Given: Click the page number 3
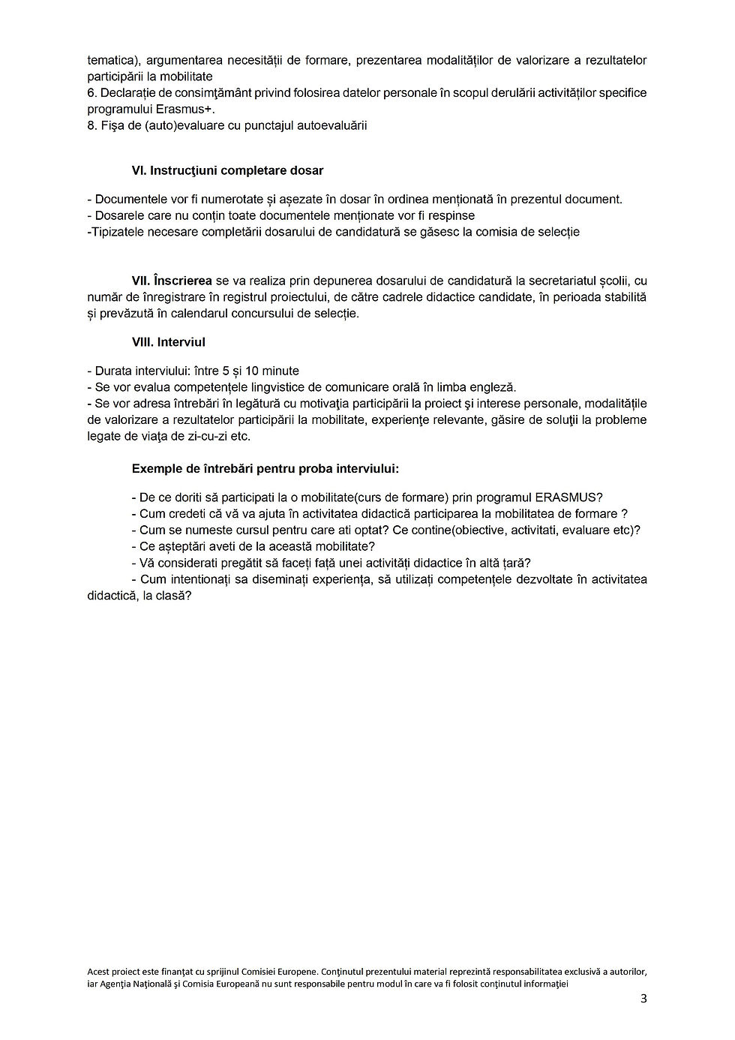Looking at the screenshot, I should tap(643, 999).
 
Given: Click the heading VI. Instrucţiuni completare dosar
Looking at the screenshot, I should tap(227, 171).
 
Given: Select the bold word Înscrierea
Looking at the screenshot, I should tap(182, 281).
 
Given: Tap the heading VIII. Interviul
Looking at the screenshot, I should tap(168, 342).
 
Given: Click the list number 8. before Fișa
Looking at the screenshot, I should tap(91, 126).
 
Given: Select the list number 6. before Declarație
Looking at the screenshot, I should tap(91, 93).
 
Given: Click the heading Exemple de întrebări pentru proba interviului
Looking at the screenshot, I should tap(265, 469).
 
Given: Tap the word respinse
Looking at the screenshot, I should tap(451, 216).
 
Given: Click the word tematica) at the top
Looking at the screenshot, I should tap(111, 60).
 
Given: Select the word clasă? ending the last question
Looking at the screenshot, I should tap(172, 596).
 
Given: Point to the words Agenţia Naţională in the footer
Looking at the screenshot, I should tap(133, 983).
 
